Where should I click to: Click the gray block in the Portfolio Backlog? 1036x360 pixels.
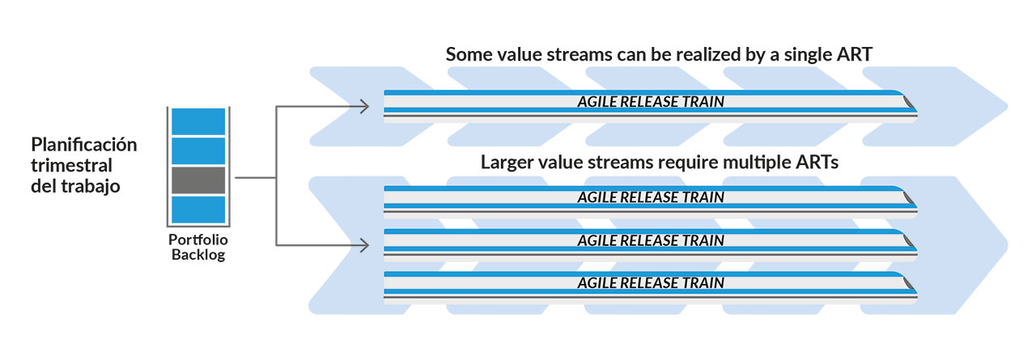(x=198, y=180)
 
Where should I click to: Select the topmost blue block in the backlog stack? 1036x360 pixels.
(x=198, y=121)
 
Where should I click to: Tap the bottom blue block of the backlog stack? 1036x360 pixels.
(x=198, y=210)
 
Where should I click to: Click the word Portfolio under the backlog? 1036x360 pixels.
(x=198, y=239)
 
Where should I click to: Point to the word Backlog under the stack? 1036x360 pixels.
(x=198, y=255)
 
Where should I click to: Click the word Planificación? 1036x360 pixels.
(x=83, y=145)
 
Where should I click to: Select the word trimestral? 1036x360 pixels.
(x=72, y=166)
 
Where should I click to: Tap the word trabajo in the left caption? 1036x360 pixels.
(x=91, y=187)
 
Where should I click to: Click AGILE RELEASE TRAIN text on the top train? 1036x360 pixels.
(x=651, y=102)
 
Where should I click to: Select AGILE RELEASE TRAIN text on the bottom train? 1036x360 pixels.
(x=651, y=283)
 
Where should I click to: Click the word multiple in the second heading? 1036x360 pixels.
(x=757, y=163)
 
